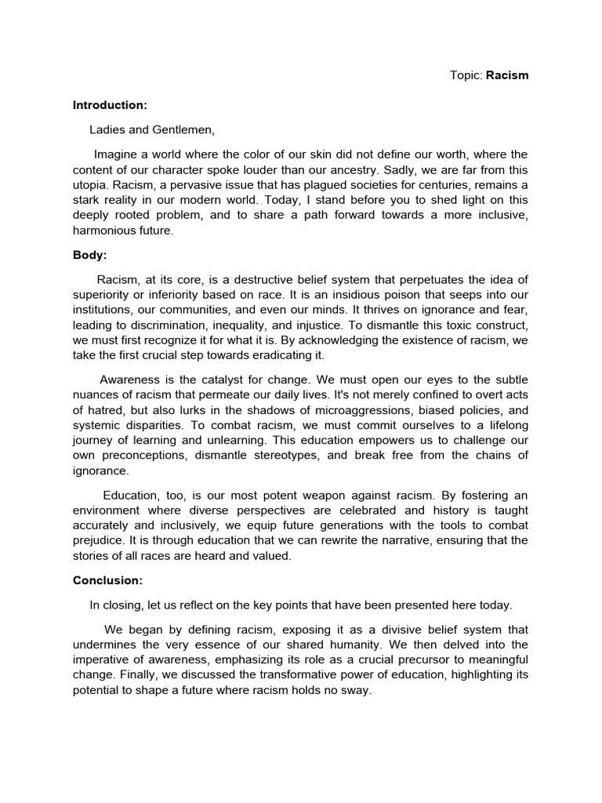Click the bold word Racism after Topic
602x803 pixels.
click(x=507, y=76)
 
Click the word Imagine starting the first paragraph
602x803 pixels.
click(x=117, y=154)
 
